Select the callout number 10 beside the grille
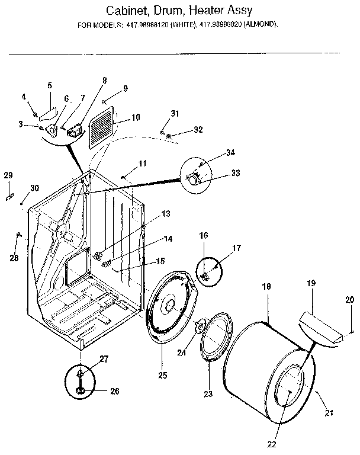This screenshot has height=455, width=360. click(136, 117)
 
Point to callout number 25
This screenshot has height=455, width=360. click(162, 375)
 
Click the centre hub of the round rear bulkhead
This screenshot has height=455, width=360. click(169, 305)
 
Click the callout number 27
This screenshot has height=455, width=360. click(104, 358)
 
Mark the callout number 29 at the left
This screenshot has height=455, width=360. click(8, 175)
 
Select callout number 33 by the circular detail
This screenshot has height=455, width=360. click(220, 173)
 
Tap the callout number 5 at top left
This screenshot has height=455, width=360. click(50, 85)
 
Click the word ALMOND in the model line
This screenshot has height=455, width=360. click(261, 25)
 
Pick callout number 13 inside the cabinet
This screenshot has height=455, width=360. click(166, 213)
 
